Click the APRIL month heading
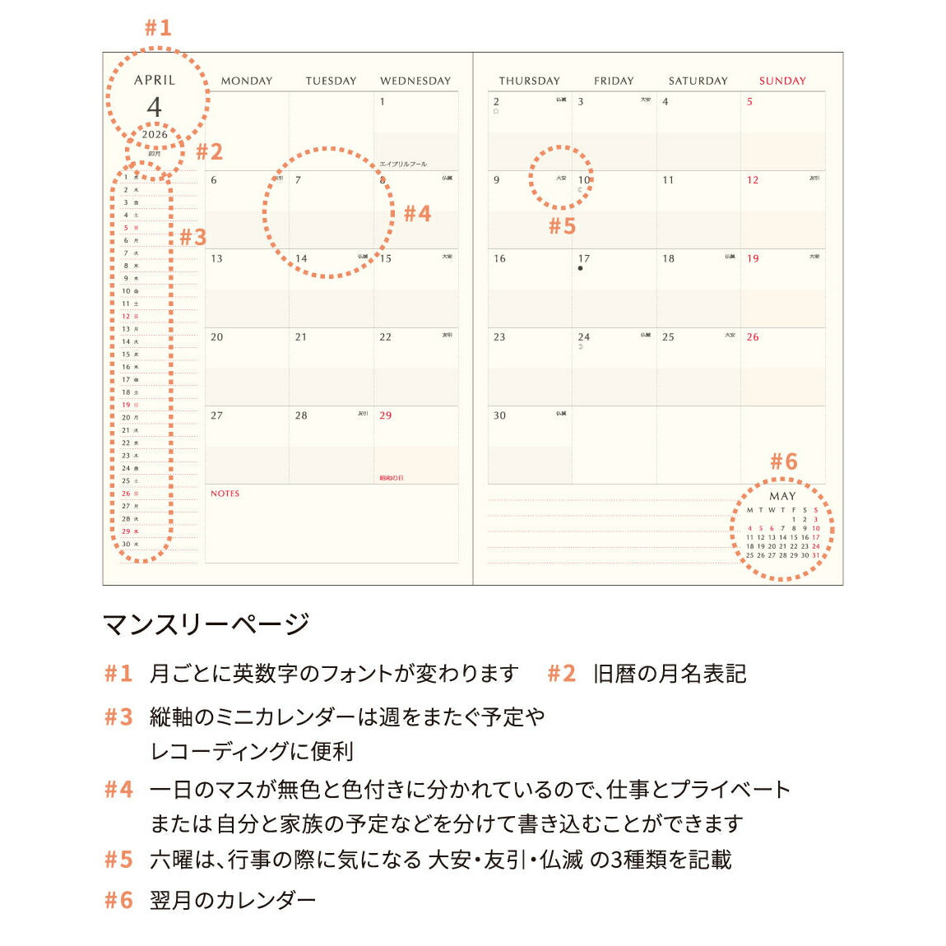pyautogui.click(x=155, y=80)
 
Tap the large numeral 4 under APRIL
pyautogui.click(x=155, y=107)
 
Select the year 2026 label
pyautogui.click(x=155, y=134)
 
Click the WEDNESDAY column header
pyautogui.click(x=415, y=81)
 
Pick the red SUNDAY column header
pyautogui.click(x=782, y=81)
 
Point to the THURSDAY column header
pyautogui.click(x=529, y=81)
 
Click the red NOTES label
pyautogui.click(x=225, y=494)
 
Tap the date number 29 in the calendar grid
pyautogui.click(x=386, y=415)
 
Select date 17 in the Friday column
pyautogui.click(x=584, y=258)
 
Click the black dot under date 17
pyautogui.click(x=580, y=268)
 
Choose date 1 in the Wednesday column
pyautogui.click(x=383, y=102)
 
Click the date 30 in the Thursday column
pyautogui.click(x=499, y=415)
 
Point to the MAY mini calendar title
pyautogui.click(x=782, y=496)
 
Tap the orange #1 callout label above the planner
pyautogui.click(x=158, y=28)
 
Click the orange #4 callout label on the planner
pyautogui.click(x=417, y=214)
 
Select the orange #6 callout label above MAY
pyautogui.click(x=784, y=461)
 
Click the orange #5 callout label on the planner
pyautogui.click(x=562, y=226)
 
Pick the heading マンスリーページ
pyautogui.click(x=206, y=624)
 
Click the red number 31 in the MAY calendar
pyautogui.click(x=816, y=555)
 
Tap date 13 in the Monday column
pyautogui.click(x=216, y=258)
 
